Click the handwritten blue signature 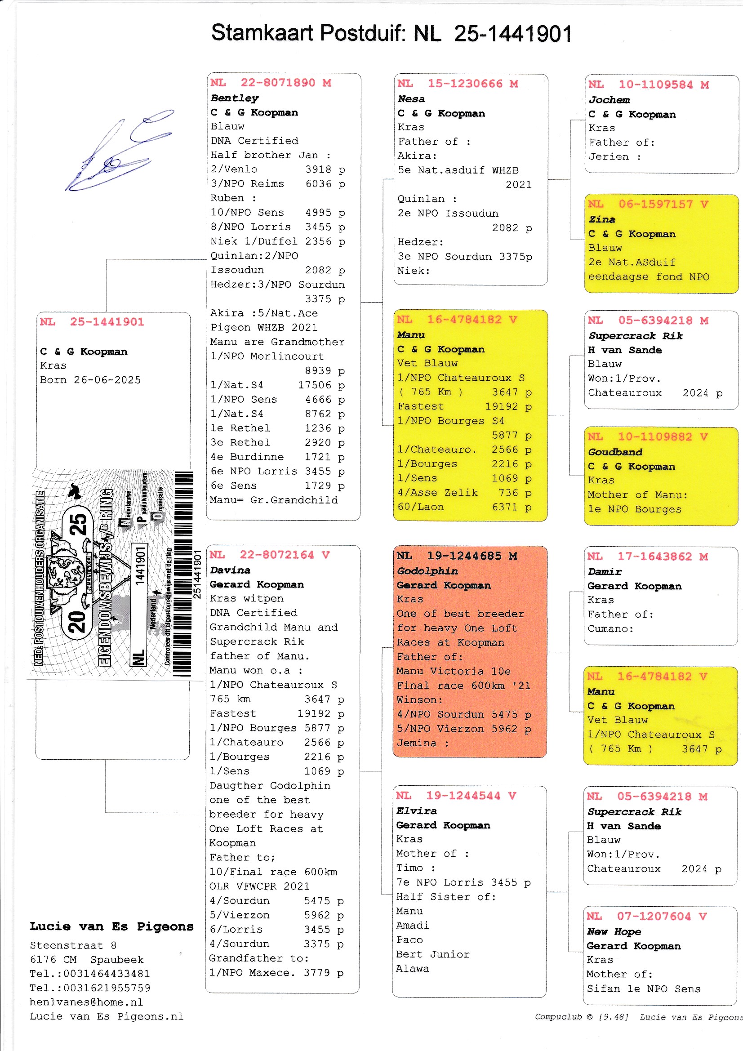119,151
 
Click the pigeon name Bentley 234,98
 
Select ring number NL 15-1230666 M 457,84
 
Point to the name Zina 601,219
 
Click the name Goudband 615,452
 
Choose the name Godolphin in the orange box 427,571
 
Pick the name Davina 230,570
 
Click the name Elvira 416,811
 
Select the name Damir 604,571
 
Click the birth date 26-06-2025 107,380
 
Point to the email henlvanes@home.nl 86,1002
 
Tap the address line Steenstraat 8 73,945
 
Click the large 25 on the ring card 78,524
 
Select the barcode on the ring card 182,572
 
